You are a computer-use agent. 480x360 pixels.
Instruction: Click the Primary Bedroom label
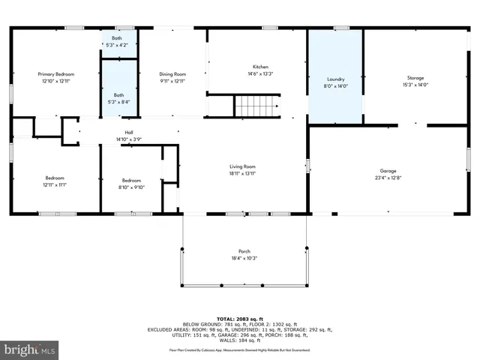(56, 74)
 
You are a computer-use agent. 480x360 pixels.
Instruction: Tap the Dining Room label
(172, 74)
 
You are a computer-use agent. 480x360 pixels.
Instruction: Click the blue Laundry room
(335, 75)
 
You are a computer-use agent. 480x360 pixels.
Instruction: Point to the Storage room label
(415, 78)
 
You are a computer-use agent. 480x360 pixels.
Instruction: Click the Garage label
(388, 171)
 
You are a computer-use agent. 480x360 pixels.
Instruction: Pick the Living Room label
(243, 166)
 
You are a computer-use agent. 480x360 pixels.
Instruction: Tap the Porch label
(244, 251)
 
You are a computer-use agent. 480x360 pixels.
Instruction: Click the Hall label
(128, 132)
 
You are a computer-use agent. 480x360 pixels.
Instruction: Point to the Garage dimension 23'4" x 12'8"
(388, 178)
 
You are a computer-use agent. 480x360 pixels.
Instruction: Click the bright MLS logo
(29, 349)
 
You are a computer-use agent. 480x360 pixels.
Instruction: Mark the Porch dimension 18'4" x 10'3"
(244, 259)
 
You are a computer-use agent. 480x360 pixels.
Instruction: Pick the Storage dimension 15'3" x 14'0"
(415, 85)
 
